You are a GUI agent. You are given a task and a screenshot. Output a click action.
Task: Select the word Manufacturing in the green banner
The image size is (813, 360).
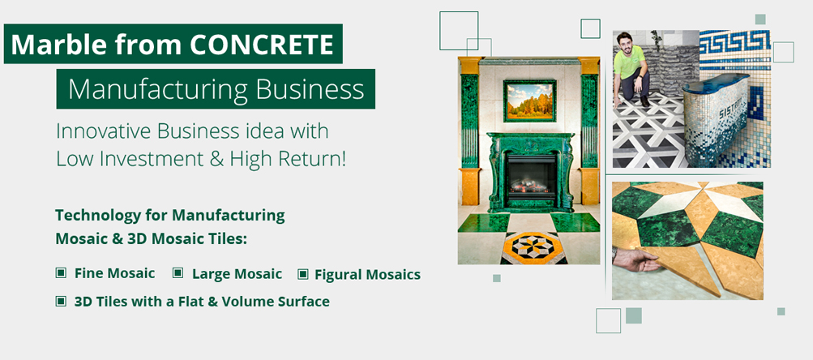pyautogui.click(x=157, y=89)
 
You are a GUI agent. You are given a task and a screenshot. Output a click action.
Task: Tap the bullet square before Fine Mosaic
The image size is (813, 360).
pyautogui.click(x=61, y=273)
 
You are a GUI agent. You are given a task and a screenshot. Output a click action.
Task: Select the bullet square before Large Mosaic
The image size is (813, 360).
pyautogui.click(x=178, y=273)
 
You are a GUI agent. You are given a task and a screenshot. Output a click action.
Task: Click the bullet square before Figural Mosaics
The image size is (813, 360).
pyautogui.click(x=303, y=274)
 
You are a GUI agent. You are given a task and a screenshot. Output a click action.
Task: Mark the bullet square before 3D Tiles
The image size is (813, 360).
pyautogui.click(x=61, y=301)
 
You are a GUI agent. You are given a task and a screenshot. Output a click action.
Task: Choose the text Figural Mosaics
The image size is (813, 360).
pyautogui.click(x=368, y=274)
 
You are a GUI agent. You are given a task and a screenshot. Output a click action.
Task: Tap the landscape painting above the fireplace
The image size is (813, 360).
pyautogui.click(x=529, y=101)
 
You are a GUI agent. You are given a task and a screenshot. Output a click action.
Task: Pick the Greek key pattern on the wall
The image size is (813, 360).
pyautogui.click(x=734, y=42)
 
